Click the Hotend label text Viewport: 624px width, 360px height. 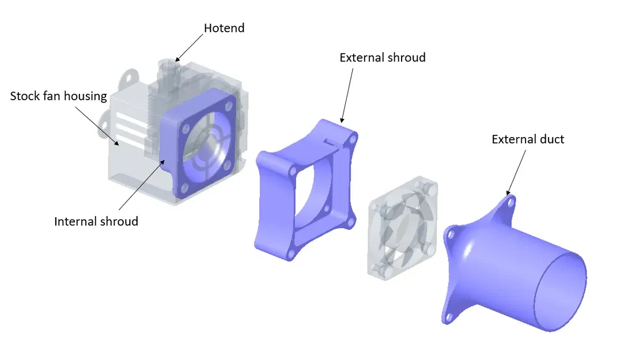(x=224, y=28)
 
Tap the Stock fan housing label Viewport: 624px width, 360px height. (x=59, y=96)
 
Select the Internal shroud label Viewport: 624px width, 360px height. (x=96, y=221)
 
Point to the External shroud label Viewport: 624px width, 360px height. (x=383, y=58)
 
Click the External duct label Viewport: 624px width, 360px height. (x=528, y=139)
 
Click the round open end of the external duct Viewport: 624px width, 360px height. (x=559, y=291)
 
